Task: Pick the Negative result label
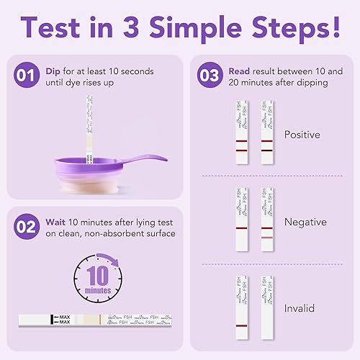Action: (305, 222)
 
